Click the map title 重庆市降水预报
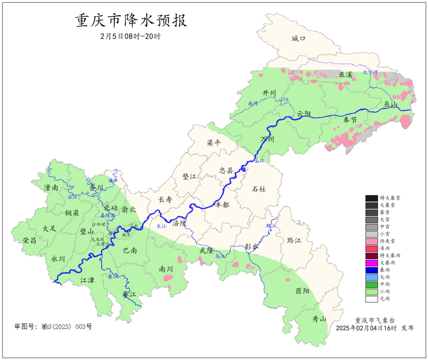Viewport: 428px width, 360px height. click(131, 21)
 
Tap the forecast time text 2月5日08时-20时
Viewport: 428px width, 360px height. click(130, 36)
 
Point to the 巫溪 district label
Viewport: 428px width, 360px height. click(346, 75)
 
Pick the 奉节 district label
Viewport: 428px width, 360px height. click(350, 120)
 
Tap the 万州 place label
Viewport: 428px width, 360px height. click(267, 140)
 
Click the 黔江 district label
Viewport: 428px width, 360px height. click(294, 241)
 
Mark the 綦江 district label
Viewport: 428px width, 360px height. click(129, 294)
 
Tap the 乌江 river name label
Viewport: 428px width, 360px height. click(220, 257)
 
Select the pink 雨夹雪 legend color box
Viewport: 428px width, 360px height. click(371, 241)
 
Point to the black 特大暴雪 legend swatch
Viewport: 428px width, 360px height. click(371, 198)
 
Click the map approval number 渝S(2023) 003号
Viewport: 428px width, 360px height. click(53, 327)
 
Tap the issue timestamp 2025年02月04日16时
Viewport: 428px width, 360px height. click(366, 328)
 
